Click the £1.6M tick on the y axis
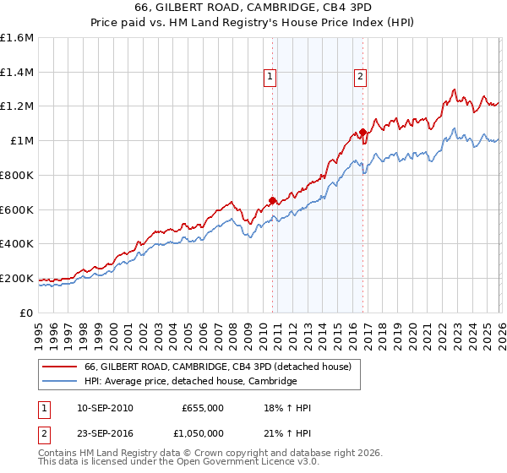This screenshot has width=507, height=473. pyautogui.click(x=17, y=38)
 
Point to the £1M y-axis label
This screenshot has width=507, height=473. pyautogui.click(x=21, y=141)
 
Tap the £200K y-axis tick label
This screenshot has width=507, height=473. pyautogui.click(x=17, y=278)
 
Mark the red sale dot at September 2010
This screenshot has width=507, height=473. pyautogui.click(x=272, y=200)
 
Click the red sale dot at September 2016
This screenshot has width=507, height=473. pyautogui.click(x=363, y=132)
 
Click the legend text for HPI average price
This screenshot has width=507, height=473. pyautogui.click(x=190, y=381)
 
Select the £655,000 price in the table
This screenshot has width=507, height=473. pyautogui.click(x=202, y=408)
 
